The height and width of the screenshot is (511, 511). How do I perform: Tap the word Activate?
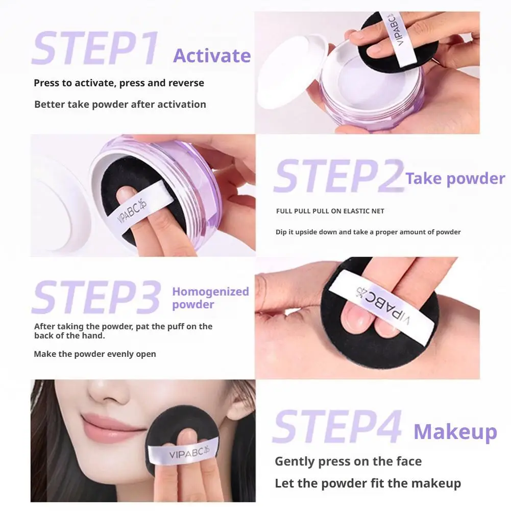pyautogui.click(x=212, y=55)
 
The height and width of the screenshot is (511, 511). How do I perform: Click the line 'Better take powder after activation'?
pyautogui.click(x=120, y=105)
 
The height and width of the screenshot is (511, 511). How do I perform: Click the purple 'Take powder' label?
pyautogui.click(x=455, y=178)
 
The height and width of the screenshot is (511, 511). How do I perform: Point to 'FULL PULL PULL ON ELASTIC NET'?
pyautogui.click(x=330, y=211)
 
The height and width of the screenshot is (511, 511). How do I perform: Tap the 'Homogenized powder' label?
pyautogui.click(x=210, y=298)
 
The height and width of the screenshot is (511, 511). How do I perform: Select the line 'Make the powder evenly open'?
pyautogui.click(x=95, y=354)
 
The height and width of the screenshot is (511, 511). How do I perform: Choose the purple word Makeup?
pyautogui.click(x=455, y=432)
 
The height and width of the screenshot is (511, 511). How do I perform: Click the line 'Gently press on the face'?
pyautogui.click(x=348, y=461)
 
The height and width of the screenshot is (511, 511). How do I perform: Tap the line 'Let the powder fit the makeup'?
pyautogui.click(x=368, y=483)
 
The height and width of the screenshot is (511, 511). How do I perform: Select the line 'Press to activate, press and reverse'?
pyautogui.click(x=118, y=83)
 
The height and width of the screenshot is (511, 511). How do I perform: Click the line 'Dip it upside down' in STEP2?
pyautogui.click(x=368, y=232)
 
